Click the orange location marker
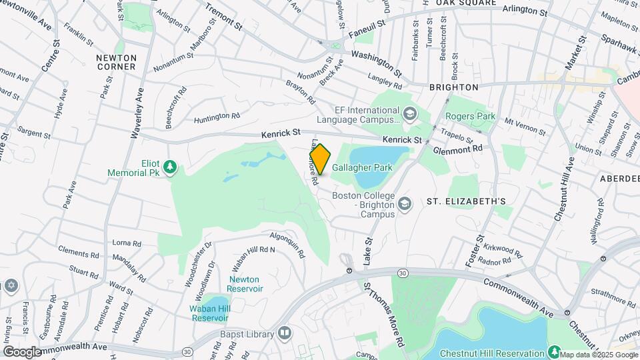click(321, 159)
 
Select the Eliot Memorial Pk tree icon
click(170, 166)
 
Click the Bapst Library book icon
click(285, 332)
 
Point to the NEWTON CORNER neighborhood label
click(116, 62)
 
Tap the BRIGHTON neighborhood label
click(454, 87)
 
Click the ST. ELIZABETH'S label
click(466, 201)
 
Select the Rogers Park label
click(471, 117)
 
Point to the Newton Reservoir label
click(245, 284)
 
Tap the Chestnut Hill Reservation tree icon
click(554, 351)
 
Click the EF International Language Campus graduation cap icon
click(408, 115)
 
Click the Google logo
click(21, 351)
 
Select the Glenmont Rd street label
click(457, 151)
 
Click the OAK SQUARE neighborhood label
click(466, 3)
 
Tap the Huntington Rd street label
click(217, 118)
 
